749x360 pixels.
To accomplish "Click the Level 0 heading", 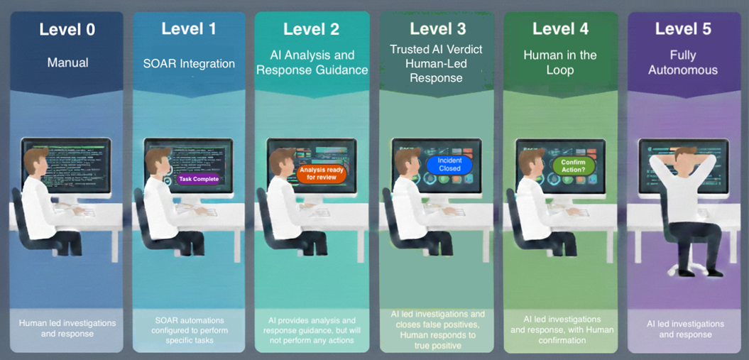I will (67, 29).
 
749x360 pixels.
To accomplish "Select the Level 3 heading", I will (437, 29).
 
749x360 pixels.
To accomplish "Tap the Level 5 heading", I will (683, 29).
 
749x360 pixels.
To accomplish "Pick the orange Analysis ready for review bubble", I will (322, 173).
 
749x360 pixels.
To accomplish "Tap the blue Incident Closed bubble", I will (449, 165).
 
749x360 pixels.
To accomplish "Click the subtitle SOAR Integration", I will (189, 63).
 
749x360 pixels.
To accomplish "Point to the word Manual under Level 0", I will (67, 62).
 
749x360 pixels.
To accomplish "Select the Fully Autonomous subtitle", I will (683, 62).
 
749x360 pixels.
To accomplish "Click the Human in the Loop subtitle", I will (560, 62).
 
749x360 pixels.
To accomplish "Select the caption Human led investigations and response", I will (67, 329).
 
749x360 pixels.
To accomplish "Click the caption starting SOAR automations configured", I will (189, 330).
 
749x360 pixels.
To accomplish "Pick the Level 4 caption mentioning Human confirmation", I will (560, 329).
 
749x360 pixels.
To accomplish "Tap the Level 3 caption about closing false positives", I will (437, 329).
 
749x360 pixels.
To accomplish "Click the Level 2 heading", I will (312, 29).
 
